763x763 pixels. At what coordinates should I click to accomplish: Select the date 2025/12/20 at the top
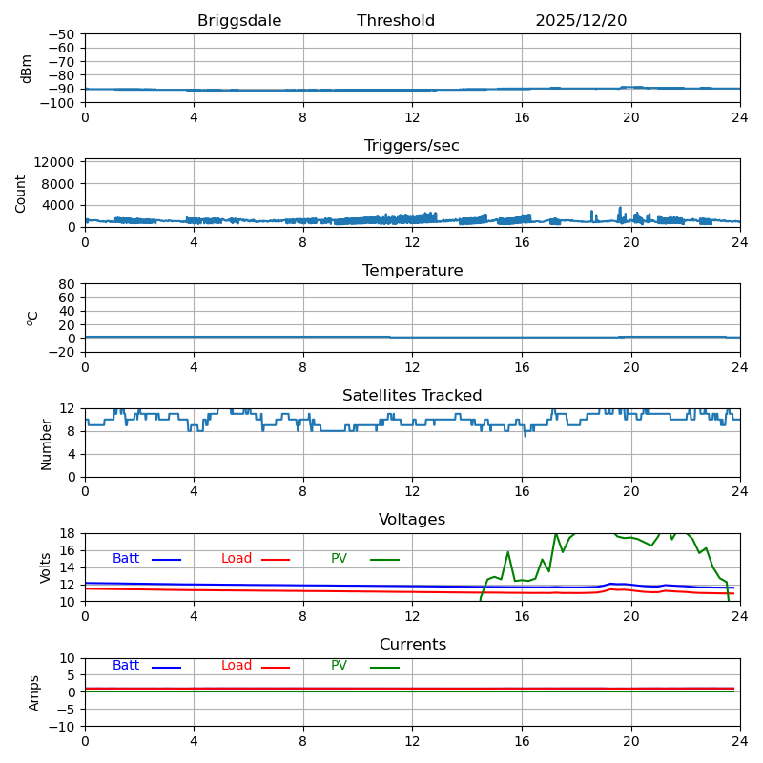(581, 21)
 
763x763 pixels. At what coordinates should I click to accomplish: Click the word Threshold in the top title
(396, 21)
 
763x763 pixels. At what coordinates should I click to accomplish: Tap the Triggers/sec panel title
(412, 146)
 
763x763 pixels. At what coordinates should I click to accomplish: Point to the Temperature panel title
(412, 271)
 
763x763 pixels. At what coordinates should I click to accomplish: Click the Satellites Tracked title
(412, 396)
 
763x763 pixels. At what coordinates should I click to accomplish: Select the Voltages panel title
(412, 520)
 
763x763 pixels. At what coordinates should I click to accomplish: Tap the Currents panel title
(412, 645)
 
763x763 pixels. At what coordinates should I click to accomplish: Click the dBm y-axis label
(27, 68)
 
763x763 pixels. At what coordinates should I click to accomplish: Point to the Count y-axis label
(21, 193)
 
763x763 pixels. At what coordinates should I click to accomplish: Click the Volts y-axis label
(46, 567)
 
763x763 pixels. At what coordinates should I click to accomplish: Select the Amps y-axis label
(34, 692)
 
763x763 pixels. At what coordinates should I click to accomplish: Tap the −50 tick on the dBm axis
(61, 34)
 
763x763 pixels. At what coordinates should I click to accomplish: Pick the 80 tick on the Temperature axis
(68, 284)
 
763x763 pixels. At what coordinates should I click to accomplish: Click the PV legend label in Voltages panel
(340, 559)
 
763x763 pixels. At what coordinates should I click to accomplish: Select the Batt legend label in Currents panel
(126, 666)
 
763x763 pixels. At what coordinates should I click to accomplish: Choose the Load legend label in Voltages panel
(237, 559)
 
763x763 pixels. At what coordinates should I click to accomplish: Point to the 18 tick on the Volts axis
(68, 534)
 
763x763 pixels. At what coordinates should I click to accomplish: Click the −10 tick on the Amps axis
(61, 727)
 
